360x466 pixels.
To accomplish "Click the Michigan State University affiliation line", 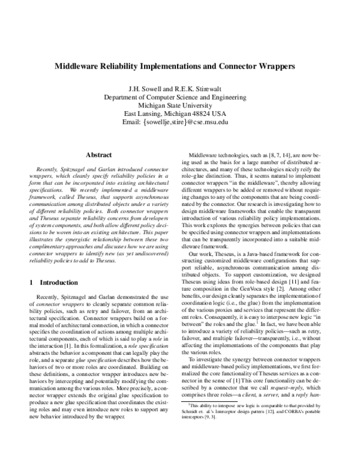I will pos(180,104).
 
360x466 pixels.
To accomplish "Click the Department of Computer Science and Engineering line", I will pos(180,95).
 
